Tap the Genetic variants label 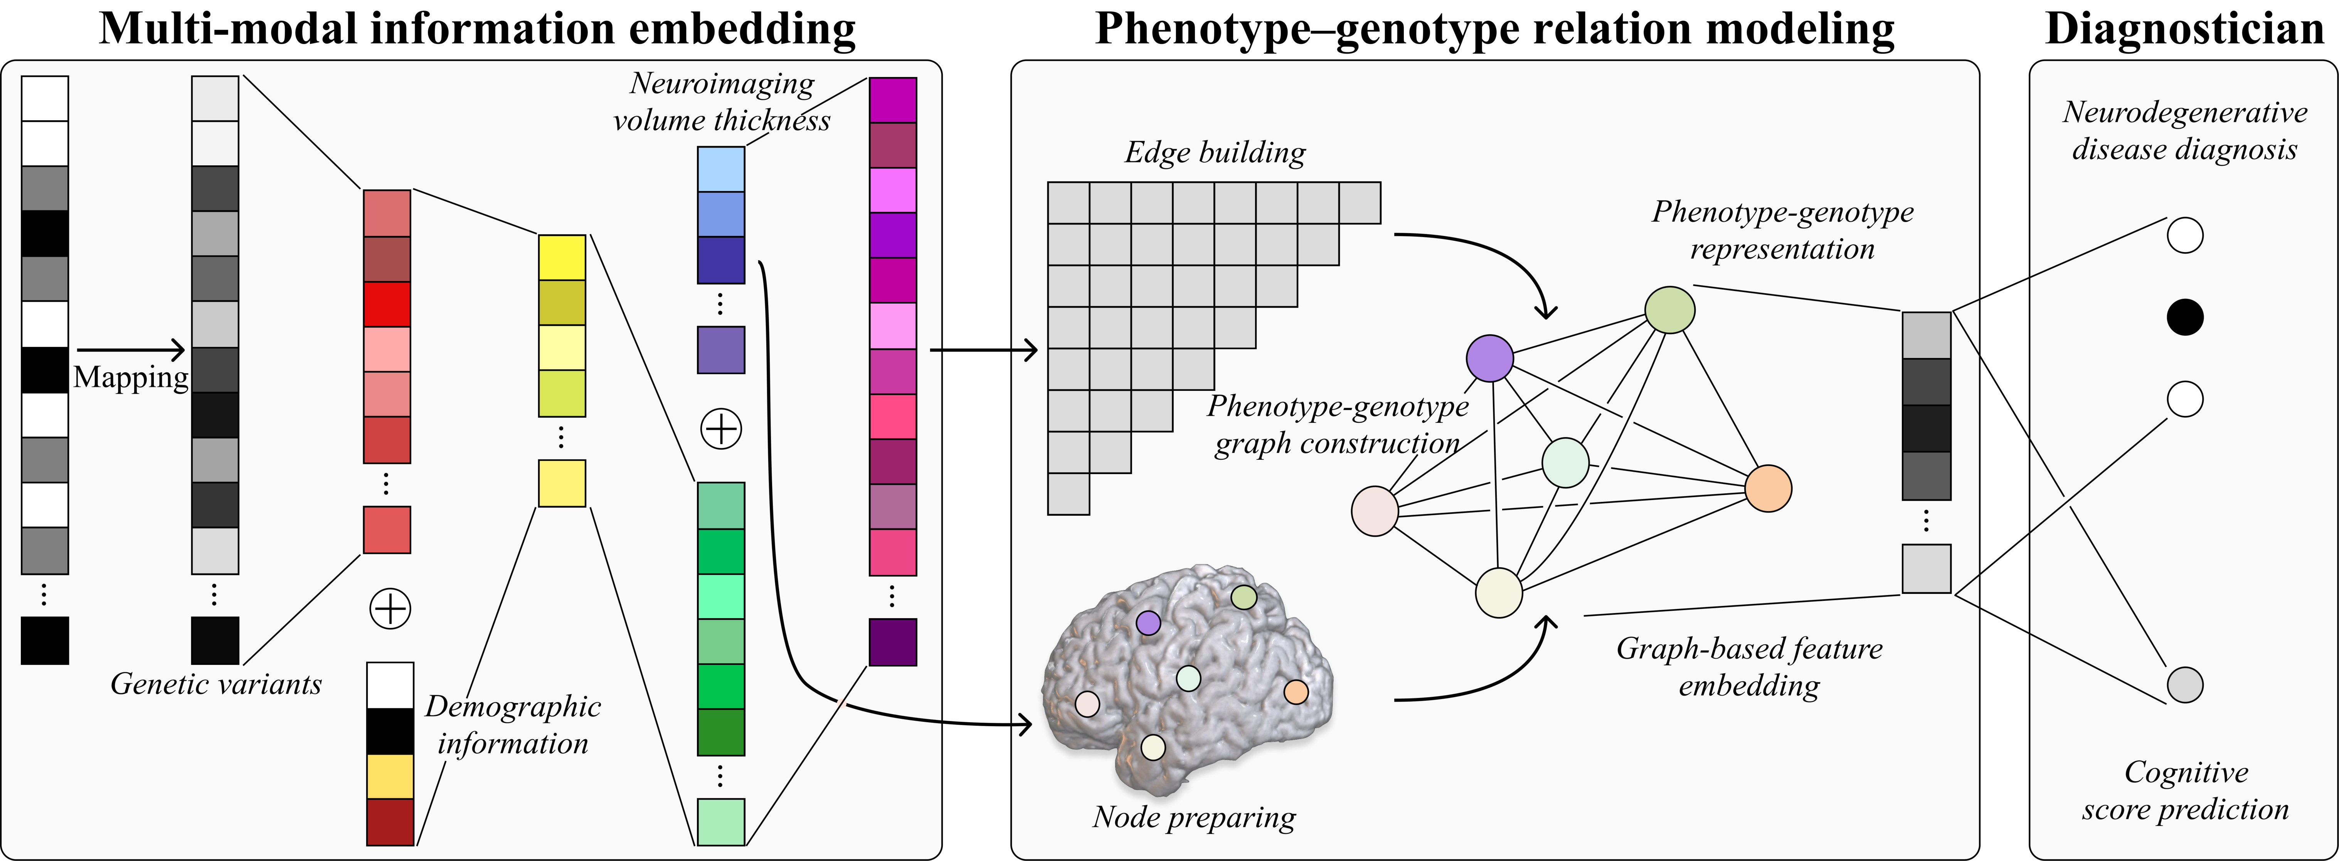(x=216, y=684)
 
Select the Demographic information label (x=513, y=725)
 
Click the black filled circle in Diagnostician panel (x=2185, y=317)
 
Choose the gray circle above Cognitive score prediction (x=2185, y=685)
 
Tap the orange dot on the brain (x=1296, y=692)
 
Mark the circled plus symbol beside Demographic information (x=390, y=609)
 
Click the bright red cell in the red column (x=387, y=304)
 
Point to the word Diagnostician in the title (x=2185, y=28)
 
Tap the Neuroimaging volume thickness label (x=722, y=102)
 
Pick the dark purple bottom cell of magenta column (x=893, y=642)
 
